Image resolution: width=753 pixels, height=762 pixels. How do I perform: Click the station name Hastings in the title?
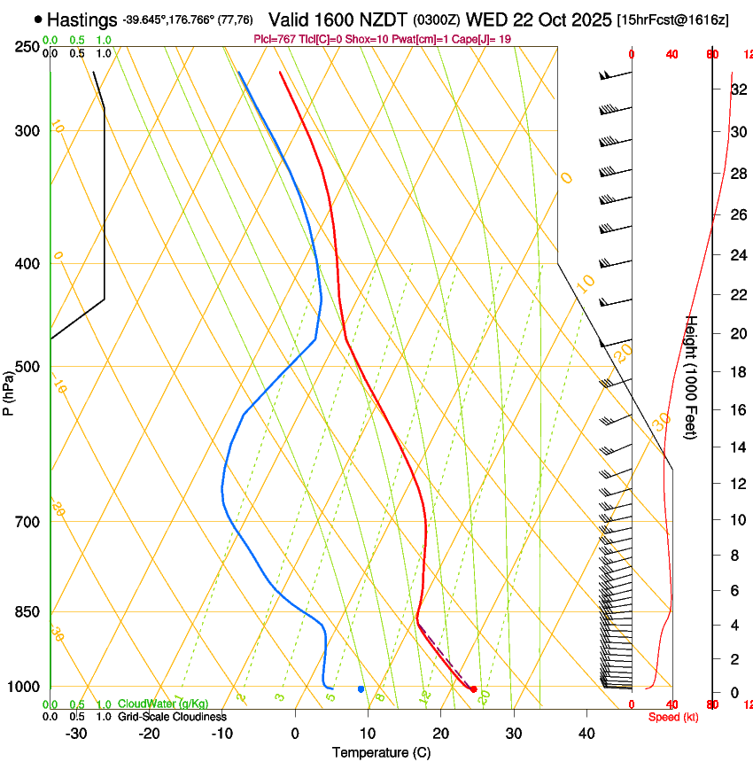[x=82, y=19]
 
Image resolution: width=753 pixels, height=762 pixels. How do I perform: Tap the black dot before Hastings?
[x=37, y=19]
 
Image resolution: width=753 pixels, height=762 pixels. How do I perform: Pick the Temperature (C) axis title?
[x=381, y=752]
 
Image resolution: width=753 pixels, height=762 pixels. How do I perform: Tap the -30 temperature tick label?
[x=76, y=734]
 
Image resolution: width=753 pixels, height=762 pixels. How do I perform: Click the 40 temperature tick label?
[x=586, y=734]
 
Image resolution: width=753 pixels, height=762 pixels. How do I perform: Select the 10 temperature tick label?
[x=368, y=734]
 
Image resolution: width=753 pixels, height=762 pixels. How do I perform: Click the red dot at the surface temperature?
[x=473, y=688]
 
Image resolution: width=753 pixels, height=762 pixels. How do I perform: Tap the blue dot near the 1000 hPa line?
[x=361, y=688]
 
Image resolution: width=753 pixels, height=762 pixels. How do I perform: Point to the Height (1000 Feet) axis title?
[x=692, y=377]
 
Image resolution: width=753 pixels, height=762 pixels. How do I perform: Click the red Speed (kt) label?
[x=672, y=717]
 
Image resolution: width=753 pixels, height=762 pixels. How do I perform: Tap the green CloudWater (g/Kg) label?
[x=163, y=704]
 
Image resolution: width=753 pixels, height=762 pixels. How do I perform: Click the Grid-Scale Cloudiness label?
[x=172, y=717]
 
